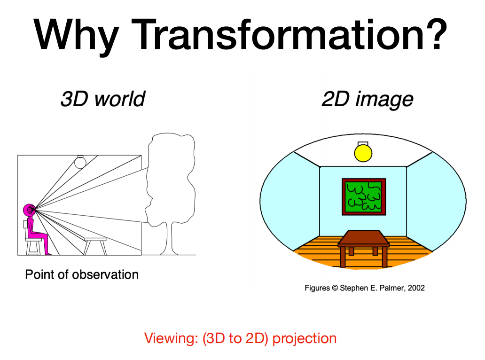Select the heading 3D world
103,99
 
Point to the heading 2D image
368,99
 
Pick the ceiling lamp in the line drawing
80,162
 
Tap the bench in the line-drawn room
95,246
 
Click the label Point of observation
82,274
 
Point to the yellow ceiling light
363,152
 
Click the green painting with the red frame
364,197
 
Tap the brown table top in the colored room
363,238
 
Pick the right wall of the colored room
436,201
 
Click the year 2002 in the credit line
416,288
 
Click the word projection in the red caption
305,338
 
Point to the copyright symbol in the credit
335,288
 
